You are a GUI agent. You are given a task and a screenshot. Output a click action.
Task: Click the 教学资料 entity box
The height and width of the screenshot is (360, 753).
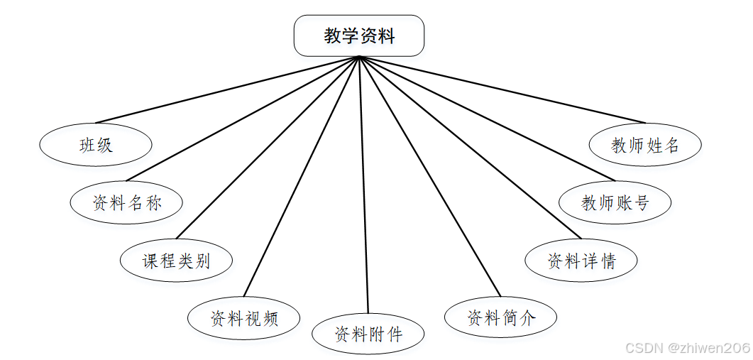[359, 36]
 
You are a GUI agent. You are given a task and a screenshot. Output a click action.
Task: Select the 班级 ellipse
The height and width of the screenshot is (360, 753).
[96, 146]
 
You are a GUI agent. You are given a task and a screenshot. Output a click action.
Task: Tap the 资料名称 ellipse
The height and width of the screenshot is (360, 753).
[126, 203]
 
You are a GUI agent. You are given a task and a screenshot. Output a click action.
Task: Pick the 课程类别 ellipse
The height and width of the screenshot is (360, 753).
[176, 261]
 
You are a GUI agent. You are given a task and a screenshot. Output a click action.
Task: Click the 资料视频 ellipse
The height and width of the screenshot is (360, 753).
[243, 318]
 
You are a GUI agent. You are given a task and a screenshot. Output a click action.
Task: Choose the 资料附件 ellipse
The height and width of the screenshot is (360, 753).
[368, 334]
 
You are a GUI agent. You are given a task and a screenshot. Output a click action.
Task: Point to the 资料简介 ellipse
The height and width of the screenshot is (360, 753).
[500, 317]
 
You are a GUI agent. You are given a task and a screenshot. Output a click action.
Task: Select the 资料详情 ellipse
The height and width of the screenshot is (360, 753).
[581, 261]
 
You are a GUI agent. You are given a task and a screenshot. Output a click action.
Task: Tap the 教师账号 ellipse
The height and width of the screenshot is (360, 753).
[615, 203]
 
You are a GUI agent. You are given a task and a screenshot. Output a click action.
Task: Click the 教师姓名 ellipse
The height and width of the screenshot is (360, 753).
[645, 145]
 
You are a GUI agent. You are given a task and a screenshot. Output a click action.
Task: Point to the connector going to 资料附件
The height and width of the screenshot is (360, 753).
[364, 185]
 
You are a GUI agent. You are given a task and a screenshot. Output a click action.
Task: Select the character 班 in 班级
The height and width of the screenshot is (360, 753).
[87, 146]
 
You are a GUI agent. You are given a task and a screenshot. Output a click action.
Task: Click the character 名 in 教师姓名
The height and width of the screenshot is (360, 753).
[672, 145]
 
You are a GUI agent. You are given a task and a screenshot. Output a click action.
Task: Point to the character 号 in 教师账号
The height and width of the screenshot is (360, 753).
[641, 203]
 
